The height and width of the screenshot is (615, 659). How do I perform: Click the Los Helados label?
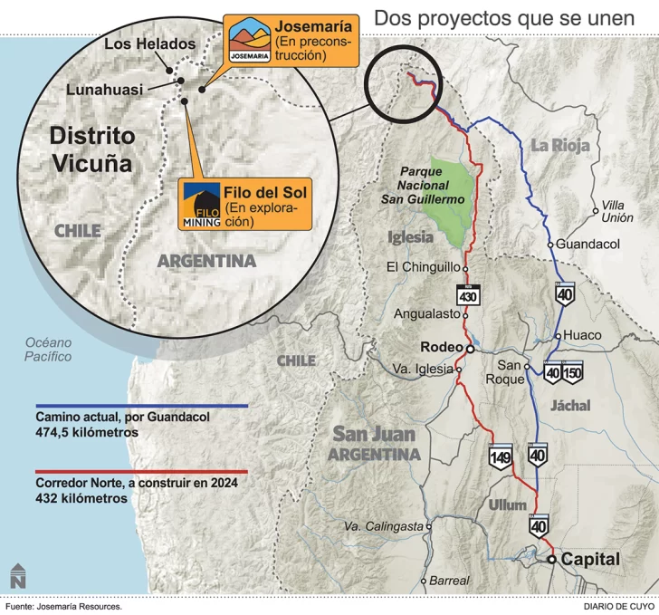[x=149, y=43]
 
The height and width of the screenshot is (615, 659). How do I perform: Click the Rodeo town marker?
[x=470, y=348]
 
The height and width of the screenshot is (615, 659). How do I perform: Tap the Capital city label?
[x=590, y=560]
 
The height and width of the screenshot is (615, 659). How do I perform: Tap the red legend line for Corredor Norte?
[x=141, y=473]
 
